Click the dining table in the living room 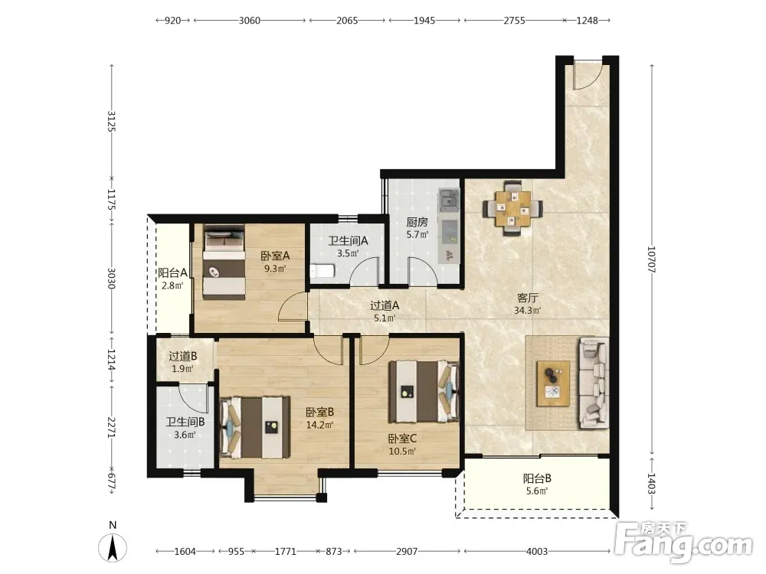(512, 208)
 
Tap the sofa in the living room (594, 383)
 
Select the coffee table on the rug (553, 383)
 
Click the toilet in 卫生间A (322, 270)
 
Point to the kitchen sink (448, 200)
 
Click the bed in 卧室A (224, 261)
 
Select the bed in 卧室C (424, 391)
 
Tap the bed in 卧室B (255, 428)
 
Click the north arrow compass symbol (113, 548)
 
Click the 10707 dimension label (652, 259)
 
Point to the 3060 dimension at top (249, 21)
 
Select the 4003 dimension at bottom (537, 551)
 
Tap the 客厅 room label (528, 298)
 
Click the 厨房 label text (417, 223)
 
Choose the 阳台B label (538, 479)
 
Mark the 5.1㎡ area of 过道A (385, 318)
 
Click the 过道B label (183, 357)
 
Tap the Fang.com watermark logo (683, 542)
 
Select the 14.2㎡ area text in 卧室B (319, 425)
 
